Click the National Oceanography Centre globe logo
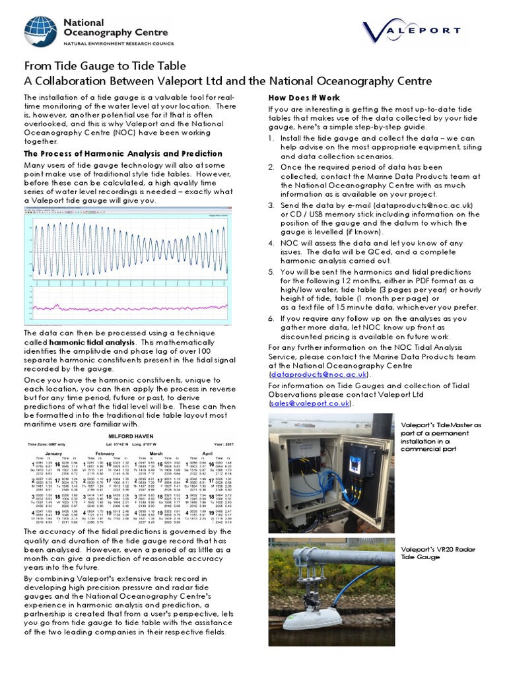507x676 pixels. coord(42,34)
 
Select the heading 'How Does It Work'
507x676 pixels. coord(304,98)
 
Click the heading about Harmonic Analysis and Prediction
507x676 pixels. coord(123,154)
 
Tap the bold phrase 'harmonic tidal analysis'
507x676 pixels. coord(92,343)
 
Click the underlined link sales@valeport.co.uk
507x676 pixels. coord(310,403)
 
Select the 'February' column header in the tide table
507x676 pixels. coord(106,454)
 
